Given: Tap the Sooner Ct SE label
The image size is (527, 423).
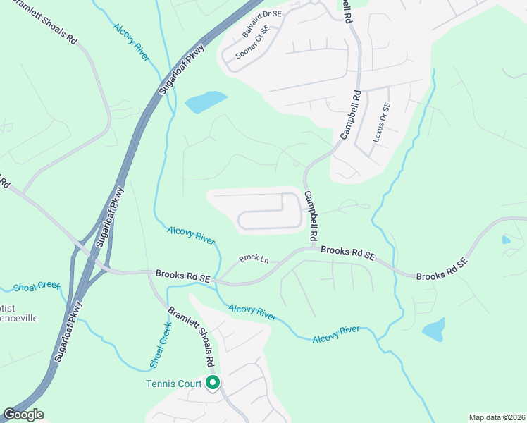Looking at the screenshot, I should [252, 42].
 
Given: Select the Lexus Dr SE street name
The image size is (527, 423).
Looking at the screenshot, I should [381, 122].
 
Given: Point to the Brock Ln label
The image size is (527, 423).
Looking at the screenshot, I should [254, 259].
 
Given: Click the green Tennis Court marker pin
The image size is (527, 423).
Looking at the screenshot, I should [212, 384].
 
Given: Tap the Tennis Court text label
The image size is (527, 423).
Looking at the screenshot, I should [173, 384].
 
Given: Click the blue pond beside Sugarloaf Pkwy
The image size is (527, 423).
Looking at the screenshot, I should [206, 102].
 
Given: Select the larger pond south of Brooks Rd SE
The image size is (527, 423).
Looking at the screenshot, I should [434, 329].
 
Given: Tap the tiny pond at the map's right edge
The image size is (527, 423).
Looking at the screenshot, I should [507, 240].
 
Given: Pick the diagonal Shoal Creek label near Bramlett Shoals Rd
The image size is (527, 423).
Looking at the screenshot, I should [161, 345].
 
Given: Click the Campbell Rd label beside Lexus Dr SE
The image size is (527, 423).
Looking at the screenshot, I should [351, 114].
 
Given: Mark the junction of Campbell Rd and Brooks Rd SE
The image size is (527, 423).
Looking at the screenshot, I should [311, 248].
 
